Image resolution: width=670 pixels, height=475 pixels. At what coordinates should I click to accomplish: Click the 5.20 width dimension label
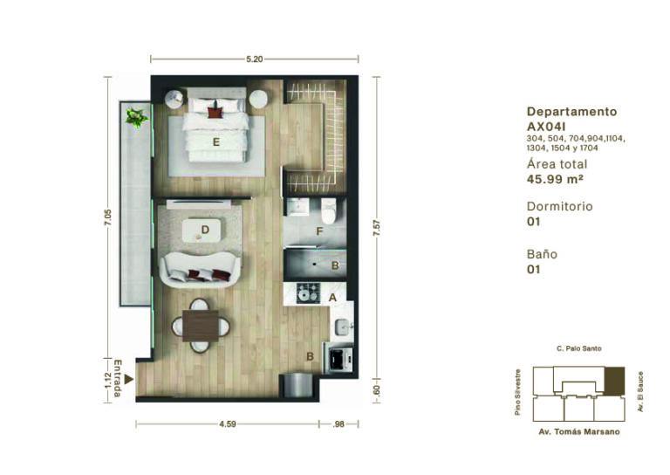254,59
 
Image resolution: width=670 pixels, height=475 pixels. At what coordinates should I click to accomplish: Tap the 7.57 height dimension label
376,227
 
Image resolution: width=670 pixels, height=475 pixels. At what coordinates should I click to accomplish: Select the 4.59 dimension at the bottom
228,424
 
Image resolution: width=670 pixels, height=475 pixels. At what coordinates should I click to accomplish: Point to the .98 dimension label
338,424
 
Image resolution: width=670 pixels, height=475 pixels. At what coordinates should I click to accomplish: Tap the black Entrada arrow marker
128,379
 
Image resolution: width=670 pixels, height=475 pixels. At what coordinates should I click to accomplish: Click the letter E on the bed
216,142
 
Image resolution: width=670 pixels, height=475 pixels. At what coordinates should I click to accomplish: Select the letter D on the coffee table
205,230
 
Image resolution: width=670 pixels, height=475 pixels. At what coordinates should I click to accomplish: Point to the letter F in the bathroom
319,231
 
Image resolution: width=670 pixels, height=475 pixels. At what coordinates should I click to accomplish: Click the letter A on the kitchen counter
332,298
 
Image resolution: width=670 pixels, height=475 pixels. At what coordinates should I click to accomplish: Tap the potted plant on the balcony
136,117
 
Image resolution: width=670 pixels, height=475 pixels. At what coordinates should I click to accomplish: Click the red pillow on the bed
215,113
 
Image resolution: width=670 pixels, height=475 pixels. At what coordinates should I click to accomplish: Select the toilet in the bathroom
329,210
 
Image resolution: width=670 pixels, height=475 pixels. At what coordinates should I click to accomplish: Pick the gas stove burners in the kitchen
309,293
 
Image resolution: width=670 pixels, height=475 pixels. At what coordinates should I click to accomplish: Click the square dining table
201,326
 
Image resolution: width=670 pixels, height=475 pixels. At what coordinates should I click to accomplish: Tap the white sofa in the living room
200,270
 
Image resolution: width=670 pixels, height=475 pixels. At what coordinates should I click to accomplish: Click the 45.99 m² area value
555,179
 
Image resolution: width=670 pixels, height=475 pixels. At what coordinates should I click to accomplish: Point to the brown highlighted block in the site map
614,381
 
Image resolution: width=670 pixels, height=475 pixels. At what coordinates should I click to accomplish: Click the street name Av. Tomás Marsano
579,432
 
